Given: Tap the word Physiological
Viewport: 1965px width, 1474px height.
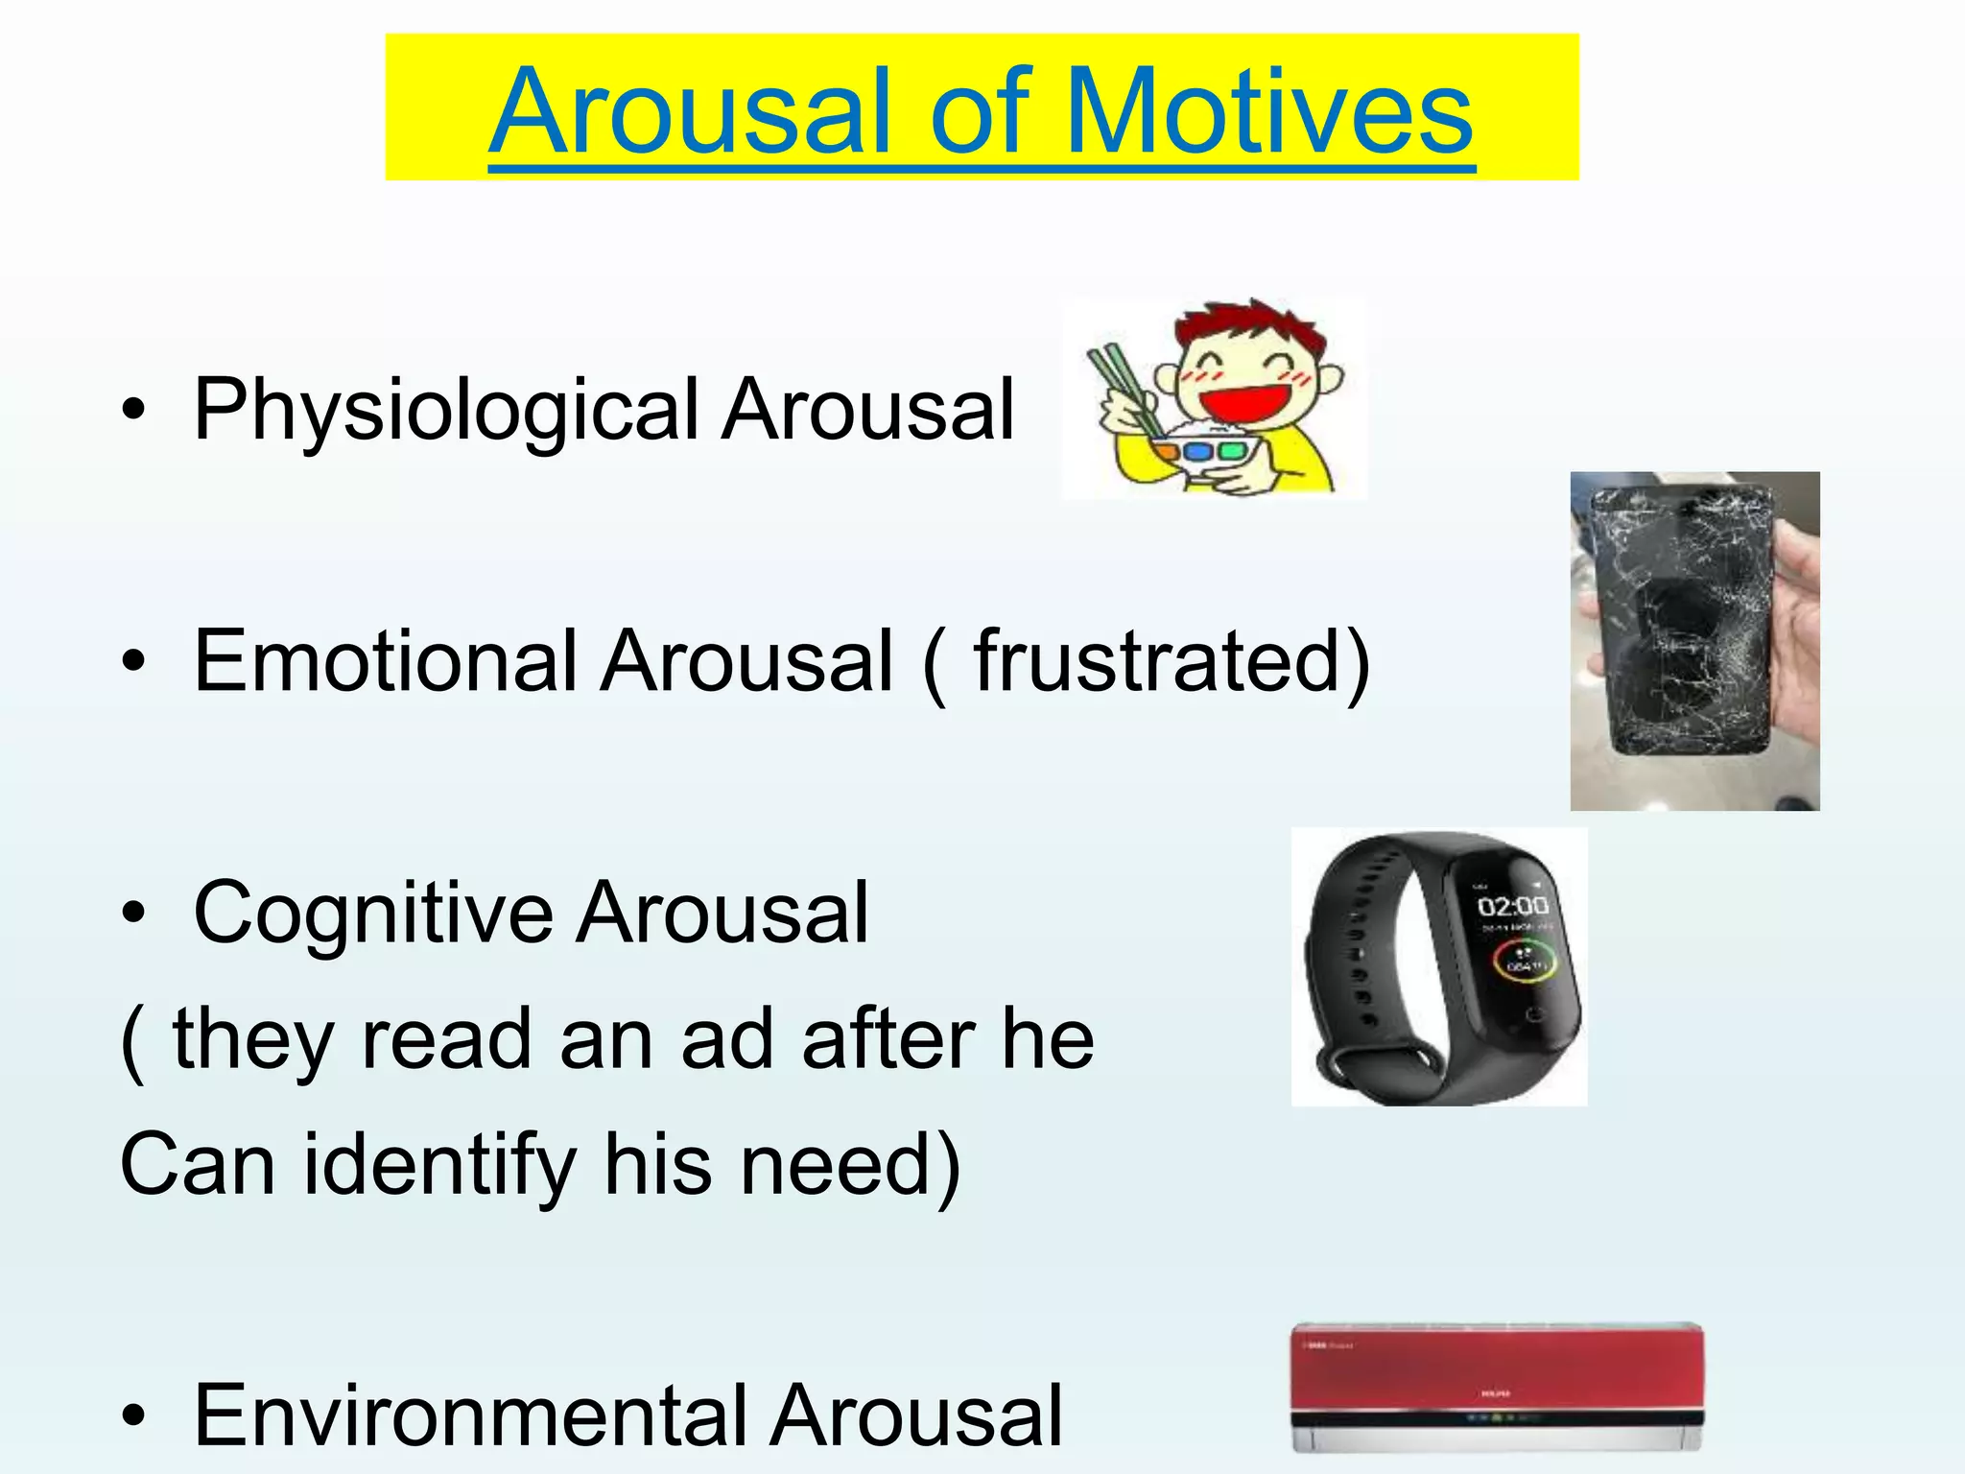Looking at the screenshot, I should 445,411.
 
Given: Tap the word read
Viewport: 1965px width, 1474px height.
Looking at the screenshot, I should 446,1038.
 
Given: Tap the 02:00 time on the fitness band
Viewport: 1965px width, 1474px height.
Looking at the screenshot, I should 1512,906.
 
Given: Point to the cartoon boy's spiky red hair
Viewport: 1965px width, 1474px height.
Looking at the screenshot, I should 1247,331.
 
